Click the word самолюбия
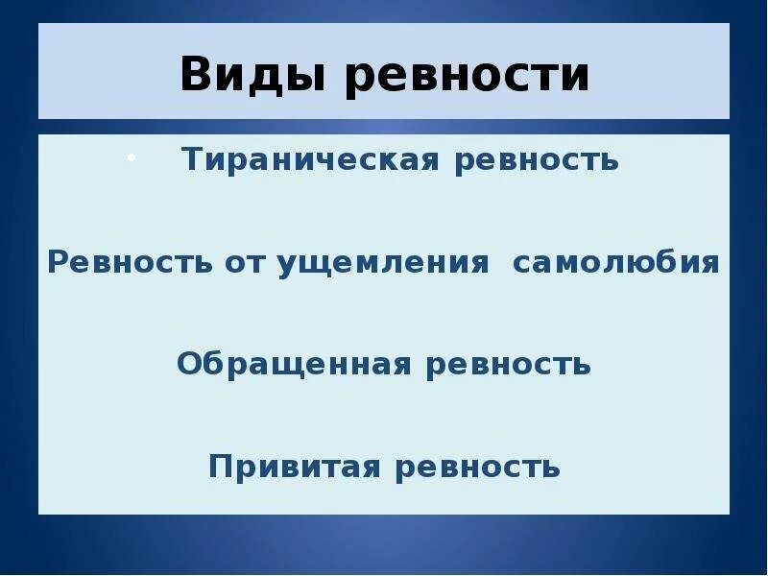[616, 262]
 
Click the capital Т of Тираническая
[192, 159]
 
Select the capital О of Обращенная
[188, 365]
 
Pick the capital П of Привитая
[220, 468]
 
